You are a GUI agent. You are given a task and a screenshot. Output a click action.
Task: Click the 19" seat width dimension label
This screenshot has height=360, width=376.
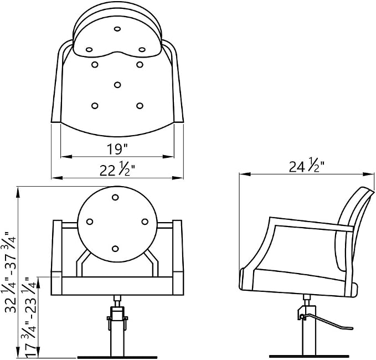(117, 148)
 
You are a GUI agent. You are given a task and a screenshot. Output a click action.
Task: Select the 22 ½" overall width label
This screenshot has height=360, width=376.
(117, 170)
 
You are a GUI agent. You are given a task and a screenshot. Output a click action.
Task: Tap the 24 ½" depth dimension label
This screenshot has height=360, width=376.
(306, 166)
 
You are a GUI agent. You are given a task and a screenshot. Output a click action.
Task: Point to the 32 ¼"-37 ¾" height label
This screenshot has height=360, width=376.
(11, 272)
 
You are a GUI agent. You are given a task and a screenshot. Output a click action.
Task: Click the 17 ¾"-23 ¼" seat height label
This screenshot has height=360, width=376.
(29, 318)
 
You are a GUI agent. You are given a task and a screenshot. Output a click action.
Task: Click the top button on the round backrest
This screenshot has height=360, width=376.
(115, 197)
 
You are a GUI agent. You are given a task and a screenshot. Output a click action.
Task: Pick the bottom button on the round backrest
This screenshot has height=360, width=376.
(115, 249)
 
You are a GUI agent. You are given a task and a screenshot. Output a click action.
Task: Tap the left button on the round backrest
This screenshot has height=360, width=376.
(90, 222)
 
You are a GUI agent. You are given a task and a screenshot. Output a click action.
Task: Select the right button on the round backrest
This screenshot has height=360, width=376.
(145, 222)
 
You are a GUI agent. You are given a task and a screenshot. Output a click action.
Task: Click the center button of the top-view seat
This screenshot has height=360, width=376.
(117, 85)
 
